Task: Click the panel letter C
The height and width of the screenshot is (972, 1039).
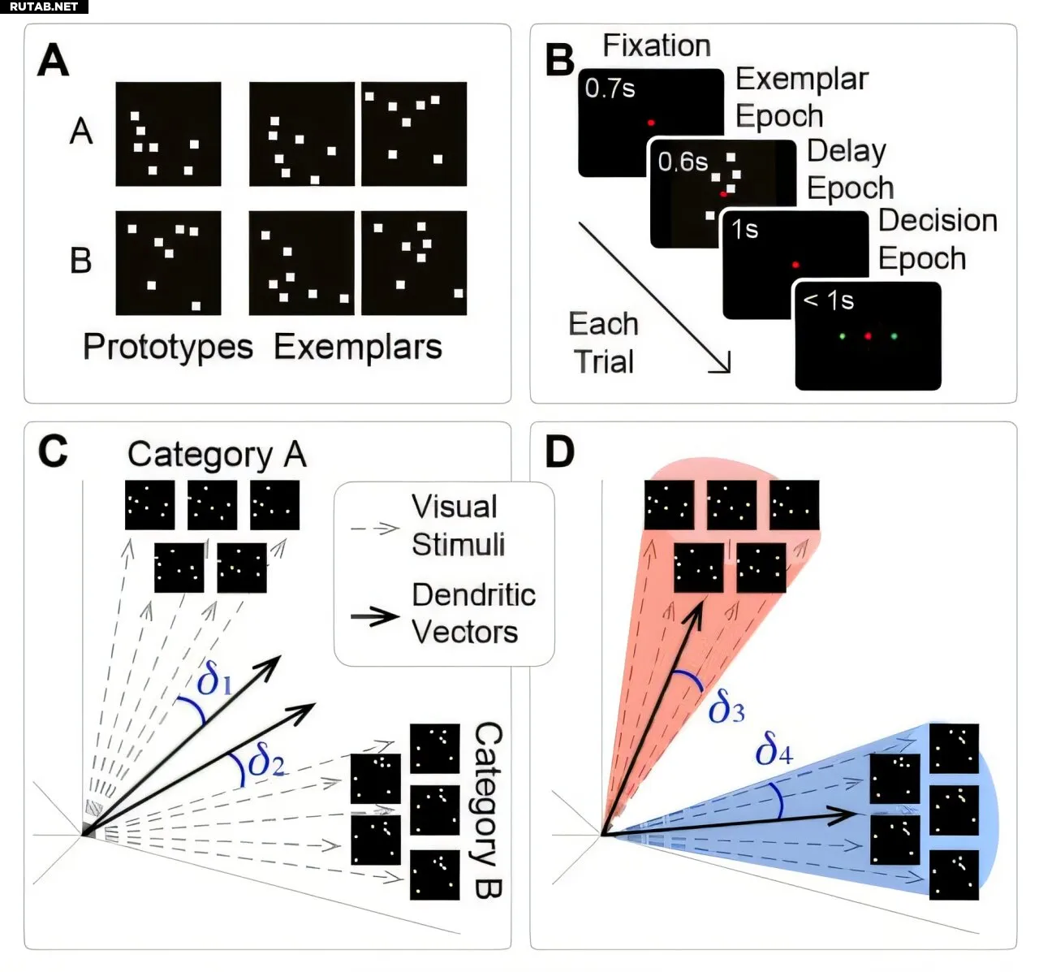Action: click(53, 451)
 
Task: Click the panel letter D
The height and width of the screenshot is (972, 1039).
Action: click(560, 451)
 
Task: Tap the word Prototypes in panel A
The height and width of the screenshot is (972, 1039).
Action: click(168, 347)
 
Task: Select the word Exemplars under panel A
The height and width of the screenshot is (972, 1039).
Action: click(358, 347)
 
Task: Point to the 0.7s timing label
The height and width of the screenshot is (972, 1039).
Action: click(610, 88)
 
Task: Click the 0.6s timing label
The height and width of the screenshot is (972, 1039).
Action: click(683, 162)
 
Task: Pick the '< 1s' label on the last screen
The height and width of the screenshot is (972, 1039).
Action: click(829, 301)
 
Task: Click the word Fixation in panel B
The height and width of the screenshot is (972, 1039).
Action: click(657, 45)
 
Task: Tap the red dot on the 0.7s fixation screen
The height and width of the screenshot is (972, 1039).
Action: click(651, 123)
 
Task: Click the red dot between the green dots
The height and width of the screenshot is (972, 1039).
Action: click(868, 335)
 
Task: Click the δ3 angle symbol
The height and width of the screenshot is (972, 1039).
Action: click(726, 708)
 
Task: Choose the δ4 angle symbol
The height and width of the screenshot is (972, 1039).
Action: click(774, 749)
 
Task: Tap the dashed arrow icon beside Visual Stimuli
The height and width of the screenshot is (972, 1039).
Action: click(375, 529)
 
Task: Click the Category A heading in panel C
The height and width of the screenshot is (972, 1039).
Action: click(217, 455)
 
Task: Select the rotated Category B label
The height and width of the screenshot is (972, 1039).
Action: click(486, 810)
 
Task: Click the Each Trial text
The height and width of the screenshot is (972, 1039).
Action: click(604, 343)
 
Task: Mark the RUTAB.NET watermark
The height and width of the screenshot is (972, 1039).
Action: click(44, 6)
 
